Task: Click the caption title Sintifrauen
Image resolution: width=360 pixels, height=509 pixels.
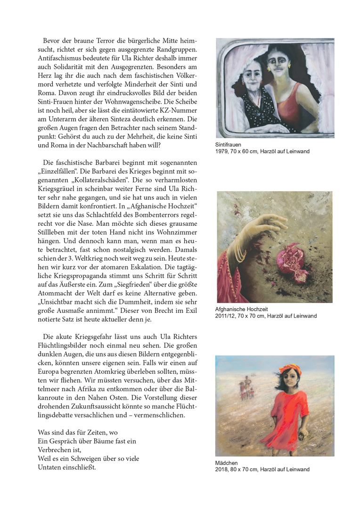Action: (228, 145)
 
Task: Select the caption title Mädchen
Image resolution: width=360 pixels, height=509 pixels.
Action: (227, 463)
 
